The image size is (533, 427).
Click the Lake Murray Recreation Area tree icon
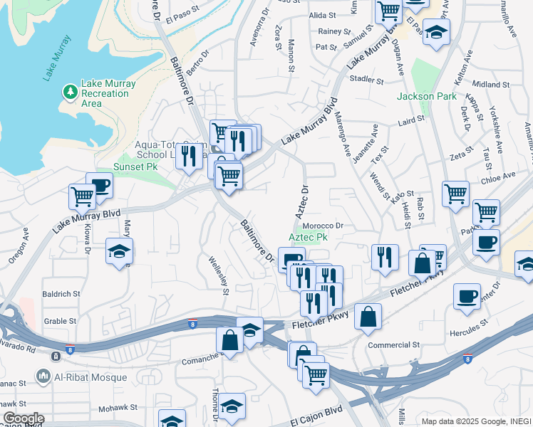pos(70,92)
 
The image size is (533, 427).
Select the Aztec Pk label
pos(308,237)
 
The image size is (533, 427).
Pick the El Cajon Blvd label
pos(316,412)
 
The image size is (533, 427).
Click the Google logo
pos(23,418)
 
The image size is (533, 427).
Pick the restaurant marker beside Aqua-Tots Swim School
pos(188,154)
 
